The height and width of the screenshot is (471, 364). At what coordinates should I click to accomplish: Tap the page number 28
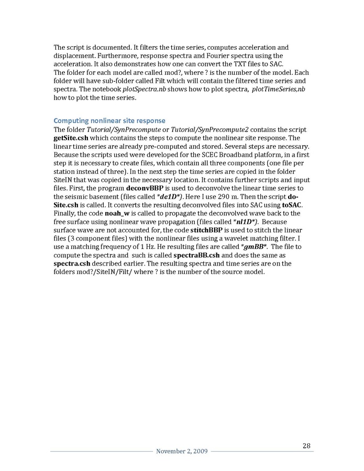click(x=307, y=445)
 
